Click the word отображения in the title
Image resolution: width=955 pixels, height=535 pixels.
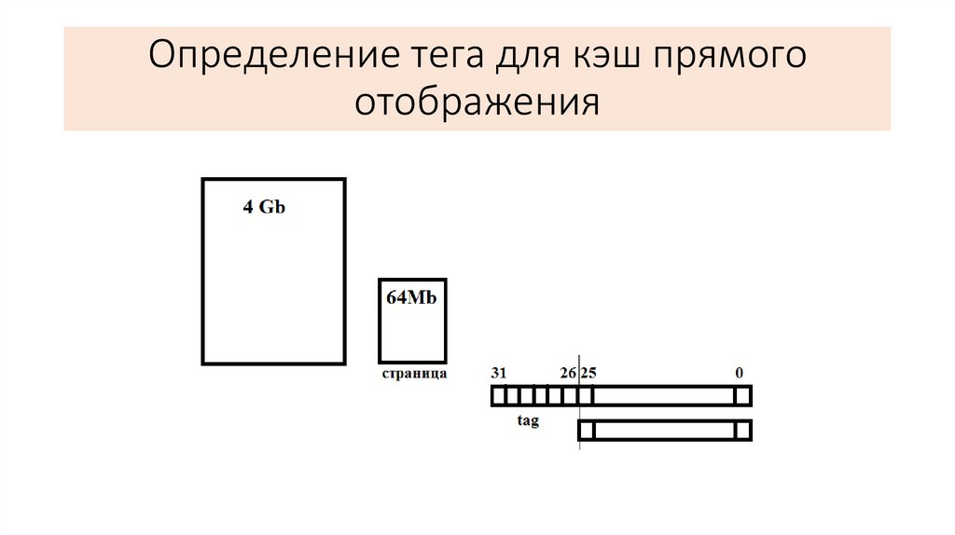click(477, 101)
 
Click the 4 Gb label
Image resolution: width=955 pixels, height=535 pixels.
click(264, 208)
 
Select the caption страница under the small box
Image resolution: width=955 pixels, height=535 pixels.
click(414, 374)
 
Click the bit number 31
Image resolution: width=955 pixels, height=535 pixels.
click(499, 373)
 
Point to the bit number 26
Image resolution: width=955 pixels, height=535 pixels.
click(568, 373)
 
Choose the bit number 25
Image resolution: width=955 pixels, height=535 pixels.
click(588, 373)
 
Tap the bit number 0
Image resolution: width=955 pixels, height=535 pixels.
click(739, 373)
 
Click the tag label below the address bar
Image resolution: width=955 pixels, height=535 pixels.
click(528, 421)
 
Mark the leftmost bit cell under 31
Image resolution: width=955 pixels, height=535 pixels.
click(498, 396)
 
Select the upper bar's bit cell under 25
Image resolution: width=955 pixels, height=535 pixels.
click(587, 396)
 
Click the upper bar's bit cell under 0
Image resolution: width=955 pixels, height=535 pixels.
click(742, 396)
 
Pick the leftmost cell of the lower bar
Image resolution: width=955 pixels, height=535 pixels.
click(587, 431)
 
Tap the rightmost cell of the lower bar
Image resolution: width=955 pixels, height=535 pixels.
click(742, 431)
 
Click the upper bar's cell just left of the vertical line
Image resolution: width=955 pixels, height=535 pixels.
click(571, 396)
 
